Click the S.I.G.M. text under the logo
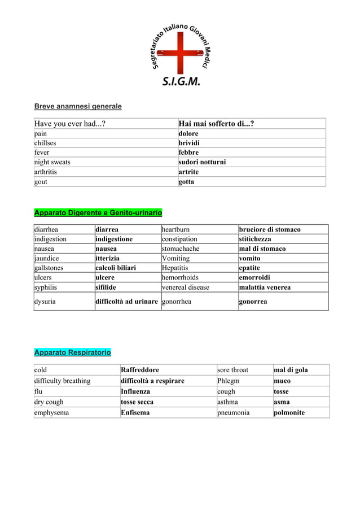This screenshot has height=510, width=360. tap(181, 81)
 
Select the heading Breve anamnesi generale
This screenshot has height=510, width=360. tap(78, 106)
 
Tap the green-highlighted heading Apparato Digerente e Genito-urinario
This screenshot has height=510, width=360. tap(98, 213)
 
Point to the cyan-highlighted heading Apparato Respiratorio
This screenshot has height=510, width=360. tap(72, 353)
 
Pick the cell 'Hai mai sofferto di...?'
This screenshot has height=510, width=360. tap(216, 124)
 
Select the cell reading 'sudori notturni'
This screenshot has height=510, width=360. tap(202, 162)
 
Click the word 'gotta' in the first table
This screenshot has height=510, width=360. tap(186, 181)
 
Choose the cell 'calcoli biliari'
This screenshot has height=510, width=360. tap(116, 268)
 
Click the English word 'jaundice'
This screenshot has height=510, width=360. tap(48, 258)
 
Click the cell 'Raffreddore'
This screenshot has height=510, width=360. tap(135, 370)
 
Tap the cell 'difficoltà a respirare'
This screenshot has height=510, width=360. tap(152, 381)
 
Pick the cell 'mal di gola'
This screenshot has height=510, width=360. tap(291, 370)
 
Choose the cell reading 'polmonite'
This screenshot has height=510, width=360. tap(289, 412)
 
